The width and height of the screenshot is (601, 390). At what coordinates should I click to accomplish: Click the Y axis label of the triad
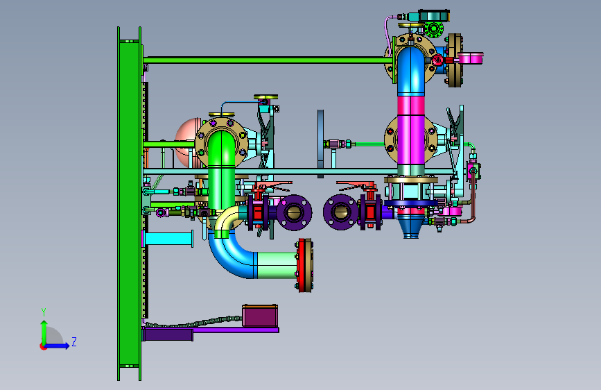pos(44,312)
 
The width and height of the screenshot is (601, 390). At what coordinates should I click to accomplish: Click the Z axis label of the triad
pos(74,341)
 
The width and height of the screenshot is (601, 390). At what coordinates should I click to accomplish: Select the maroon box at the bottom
pos(260,316)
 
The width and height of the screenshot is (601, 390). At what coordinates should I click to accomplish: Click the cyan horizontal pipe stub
pos(168,239)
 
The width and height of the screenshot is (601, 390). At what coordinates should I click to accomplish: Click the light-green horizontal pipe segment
pos(276,265)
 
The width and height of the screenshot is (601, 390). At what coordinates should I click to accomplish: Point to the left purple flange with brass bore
pos(294,212)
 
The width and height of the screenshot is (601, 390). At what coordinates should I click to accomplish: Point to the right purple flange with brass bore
pos(341,212)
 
